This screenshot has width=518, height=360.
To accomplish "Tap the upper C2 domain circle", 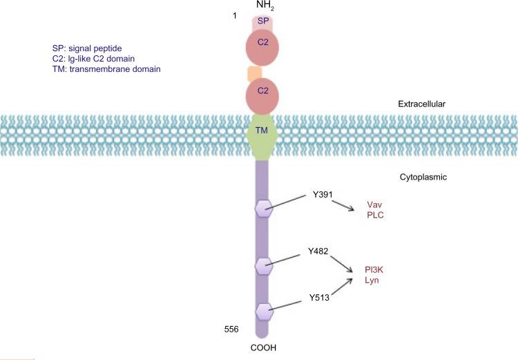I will tap(263, 49).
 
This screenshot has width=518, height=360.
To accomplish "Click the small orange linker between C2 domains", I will tap(254, 73).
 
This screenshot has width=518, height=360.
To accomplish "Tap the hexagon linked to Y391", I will tap(264, 207).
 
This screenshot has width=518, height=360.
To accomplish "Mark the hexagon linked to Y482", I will tap(264, 265).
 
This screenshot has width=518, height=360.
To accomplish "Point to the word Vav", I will tap(375, 205).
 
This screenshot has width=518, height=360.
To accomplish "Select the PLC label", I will tap(375, 216).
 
